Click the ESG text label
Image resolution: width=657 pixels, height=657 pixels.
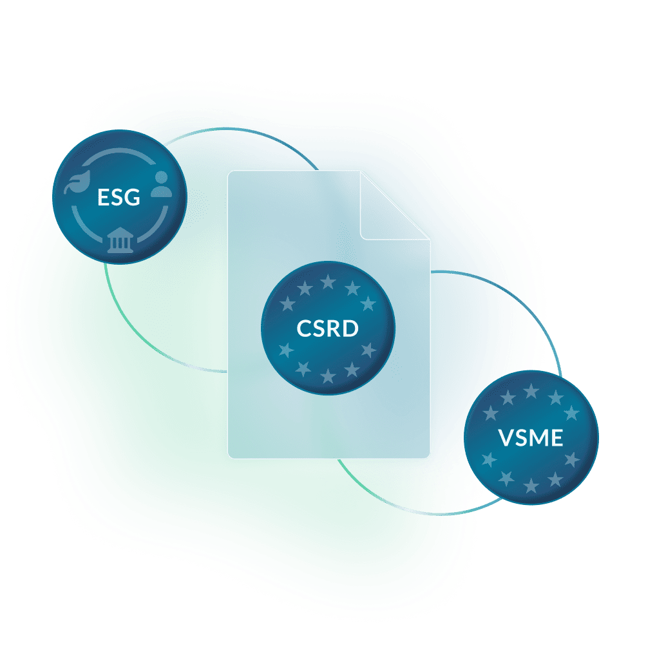(x=119, y=197)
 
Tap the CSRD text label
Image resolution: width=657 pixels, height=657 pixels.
(x=327, y=328)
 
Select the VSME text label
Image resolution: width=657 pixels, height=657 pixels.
(x=531, y=439)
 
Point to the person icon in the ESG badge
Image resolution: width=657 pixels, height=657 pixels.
(x=161, y=184)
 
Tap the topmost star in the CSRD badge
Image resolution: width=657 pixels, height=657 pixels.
(x=328, y=281)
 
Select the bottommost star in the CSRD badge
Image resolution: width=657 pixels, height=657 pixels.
(x=328, y=376)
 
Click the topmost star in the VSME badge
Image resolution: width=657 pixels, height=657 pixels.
(x=531, y=391)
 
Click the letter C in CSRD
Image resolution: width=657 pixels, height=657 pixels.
(x=303, y=328)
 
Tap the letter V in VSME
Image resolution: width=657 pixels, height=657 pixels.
(x=506, y=439)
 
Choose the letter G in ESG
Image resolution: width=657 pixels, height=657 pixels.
(x=132, y=197)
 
